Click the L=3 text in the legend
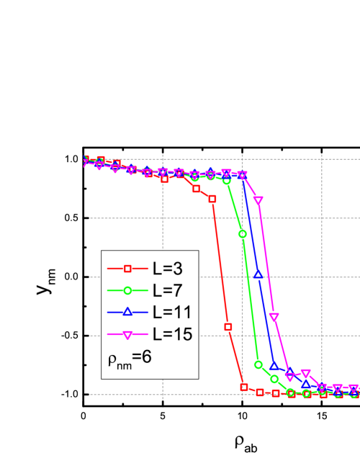coord(166,269)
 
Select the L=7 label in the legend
coord(166,290)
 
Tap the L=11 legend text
coord(171,312)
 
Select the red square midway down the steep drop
coord(228,327)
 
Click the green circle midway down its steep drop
coord(243,233)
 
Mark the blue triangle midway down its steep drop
coord(258,276)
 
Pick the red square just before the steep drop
coord(212,199)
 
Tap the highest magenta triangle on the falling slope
coord(258,201)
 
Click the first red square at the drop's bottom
coord(243,387)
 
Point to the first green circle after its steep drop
coord(258,364)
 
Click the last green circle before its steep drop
coord(227,181)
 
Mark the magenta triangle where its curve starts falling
coord(243,175)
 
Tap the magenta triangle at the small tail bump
coord(305,373)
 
